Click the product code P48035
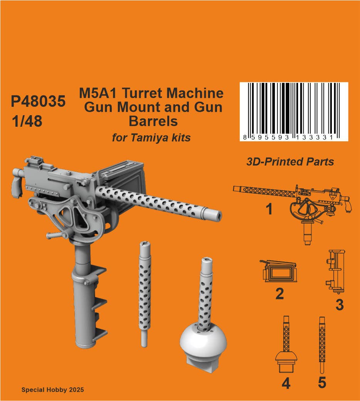click(38, 101)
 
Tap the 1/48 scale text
click(27, 121)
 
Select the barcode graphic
click(294, 111)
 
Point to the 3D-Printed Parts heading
click(290, 162)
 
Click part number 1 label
click(269, 209)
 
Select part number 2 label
click(279, 294)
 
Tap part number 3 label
click(340, 305)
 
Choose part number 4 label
click(286, 384)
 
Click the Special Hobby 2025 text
click(52, 390)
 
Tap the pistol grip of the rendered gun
click(17, 185)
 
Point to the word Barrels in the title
click(153, 121)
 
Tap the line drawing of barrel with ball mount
click(286, 344)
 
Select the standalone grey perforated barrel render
click(145, 294)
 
